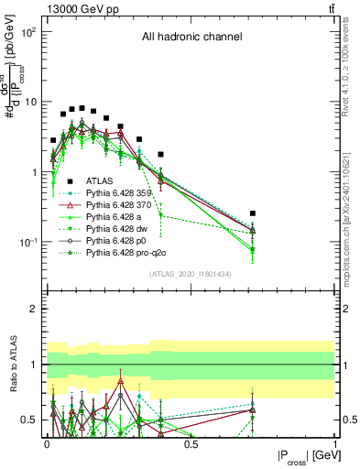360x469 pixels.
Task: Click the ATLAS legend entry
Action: pyautogui.click(x=98, y=181)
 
